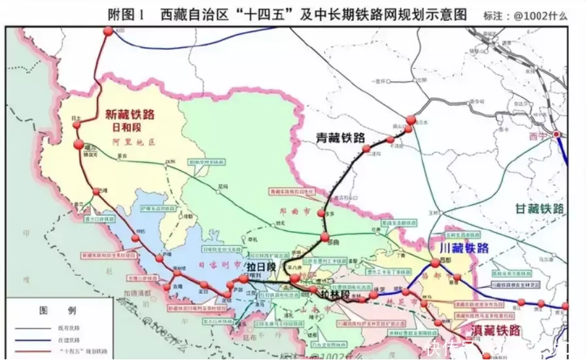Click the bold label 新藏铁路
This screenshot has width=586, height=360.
[x=130, y=115]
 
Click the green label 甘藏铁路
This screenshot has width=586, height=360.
[x=540, y=208]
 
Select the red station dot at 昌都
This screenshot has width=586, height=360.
[x=435, y=263]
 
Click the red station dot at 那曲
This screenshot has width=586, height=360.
[x=323, y=236]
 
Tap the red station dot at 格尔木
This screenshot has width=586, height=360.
[x=411, y=120]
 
